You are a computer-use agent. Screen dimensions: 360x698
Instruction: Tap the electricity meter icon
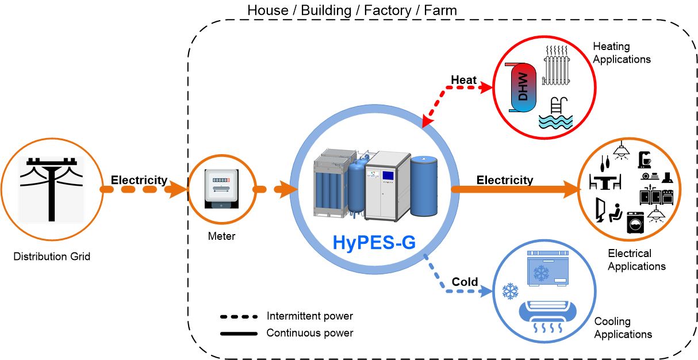point(221,188)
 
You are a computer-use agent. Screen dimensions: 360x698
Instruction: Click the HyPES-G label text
point(374,243)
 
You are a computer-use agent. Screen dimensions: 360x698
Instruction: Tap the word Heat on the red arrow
point(463,80)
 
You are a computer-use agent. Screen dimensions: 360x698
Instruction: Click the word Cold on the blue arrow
point(465,282)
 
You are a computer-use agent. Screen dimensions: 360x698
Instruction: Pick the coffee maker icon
point(645,158)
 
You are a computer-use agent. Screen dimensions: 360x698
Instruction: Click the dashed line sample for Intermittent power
point(238,317)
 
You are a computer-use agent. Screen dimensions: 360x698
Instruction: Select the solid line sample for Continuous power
point(238,333)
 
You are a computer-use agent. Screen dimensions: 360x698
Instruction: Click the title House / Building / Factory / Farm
point(352,10)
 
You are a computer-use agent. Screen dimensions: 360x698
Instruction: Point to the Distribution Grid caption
point(52,256)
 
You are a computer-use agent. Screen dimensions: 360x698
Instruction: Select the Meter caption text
point(221,236)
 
